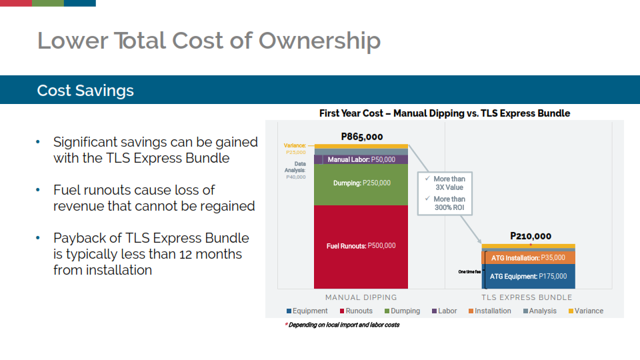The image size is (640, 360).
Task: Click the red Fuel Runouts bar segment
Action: tap(361, 247)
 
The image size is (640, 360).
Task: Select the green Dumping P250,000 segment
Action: tap(361, 185)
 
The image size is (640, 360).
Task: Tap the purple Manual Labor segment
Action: tap(361, 159)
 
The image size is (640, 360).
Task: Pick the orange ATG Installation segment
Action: tap(528, 257)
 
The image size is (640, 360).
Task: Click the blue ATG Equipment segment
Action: tap(528, 276)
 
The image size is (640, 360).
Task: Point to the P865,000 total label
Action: tap(361, 137)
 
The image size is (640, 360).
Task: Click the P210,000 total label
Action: tap(531, 236)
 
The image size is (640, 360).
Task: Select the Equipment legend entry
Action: tap(307, 311)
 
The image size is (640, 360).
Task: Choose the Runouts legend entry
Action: tap(356, 311)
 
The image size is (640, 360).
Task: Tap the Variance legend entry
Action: tap(586, 311)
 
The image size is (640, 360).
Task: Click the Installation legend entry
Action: tap(489, 311)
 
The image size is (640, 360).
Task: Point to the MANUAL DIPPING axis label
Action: tap(361, 297)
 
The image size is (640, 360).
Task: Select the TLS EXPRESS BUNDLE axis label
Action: tap(527, 297)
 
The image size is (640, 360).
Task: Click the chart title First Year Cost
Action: tap(445, 113)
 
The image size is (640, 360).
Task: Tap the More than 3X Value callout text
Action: tap(449, 183)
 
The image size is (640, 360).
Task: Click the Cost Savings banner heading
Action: tap(85, 90)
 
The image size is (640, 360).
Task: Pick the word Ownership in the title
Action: tap(319, 41)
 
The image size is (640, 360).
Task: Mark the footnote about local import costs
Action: tap(342, 325)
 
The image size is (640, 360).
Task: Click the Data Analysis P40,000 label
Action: tap(295, 170)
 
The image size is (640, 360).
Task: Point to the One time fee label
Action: tap(469, 272)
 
